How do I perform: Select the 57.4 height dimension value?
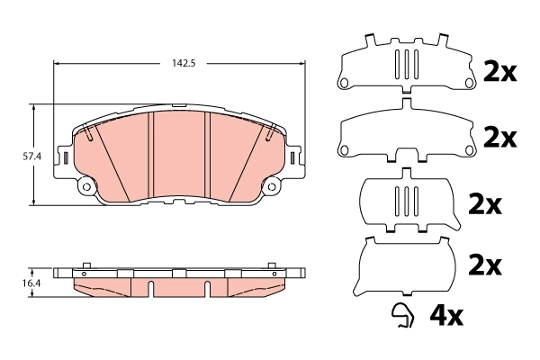[x=32, y=156]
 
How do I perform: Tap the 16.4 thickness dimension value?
[x=31, y=283]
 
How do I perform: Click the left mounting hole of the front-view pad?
[x=86, y=187]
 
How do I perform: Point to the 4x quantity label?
[x=446, y=316]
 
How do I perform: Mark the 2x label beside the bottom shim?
[x=485, y=265]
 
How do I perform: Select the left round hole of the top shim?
[x=343, y=85]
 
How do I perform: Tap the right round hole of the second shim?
[x=468, y=148]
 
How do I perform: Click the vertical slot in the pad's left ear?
[x=66, y=158]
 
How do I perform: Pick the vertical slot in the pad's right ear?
[x=292, y=158]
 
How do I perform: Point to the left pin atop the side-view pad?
[x=85, y=265]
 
